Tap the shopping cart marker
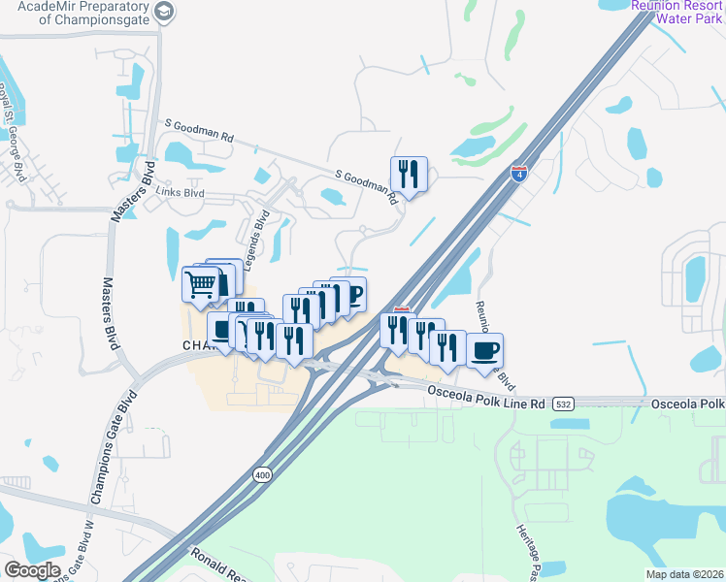point(200,284)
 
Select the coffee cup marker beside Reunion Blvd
point(484,350)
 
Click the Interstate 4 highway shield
point(520,174)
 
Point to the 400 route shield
point(261,474)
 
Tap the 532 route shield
point(563,403)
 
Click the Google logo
point(33,570)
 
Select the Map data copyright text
point(684,574)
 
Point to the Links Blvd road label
point(181,192)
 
